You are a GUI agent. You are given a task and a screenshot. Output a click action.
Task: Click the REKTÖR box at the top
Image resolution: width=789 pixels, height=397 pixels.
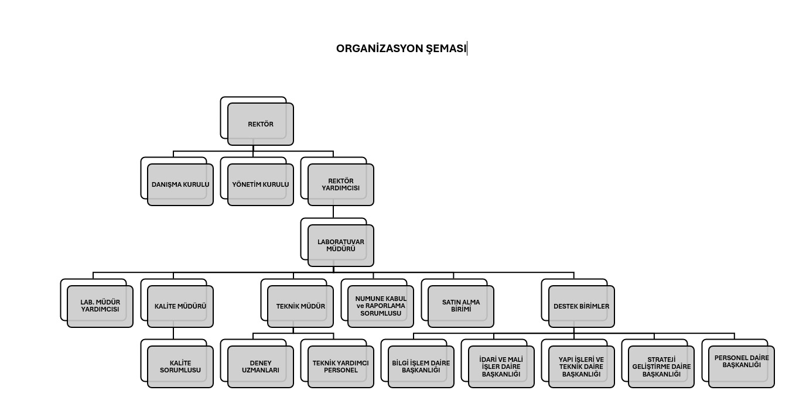point(261,124)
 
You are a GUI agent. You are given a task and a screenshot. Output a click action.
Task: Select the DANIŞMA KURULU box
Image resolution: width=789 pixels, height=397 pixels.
point(180,184)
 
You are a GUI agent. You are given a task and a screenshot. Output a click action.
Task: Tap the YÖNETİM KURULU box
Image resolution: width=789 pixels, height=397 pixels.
point(261,184)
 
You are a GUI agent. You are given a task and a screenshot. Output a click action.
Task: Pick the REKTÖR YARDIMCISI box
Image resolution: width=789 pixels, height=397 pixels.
point(340,184)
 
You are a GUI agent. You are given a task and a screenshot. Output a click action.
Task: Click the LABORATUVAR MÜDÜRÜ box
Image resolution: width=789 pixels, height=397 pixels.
point(340,245)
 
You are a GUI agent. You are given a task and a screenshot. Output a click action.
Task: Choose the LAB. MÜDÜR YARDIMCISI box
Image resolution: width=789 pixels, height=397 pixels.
point(100,306)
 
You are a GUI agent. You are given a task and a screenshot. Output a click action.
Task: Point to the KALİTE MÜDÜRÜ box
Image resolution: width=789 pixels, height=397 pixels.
point(180,306)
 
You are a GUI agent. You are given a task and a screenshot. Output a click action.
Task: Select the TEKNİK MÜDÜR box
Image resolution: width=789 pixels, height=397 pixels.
point(300,306)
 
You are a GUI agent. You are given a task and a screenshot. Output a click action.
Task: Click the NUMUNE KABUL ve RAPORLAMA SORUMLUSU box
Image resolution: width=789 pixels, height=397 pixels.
point(381,306)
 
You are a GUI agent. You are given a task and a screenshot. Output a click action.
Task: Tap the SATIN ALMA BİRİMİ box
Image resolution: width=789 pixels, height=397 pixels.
point(461,306)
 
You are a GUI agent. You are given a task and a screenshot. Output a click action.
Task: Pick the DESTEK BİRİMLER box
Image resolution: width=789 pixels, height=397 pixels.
point(582,306)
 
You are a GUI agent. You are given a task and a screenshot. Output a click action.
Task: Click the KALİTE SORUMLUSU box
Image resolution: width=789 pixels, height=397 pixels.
point(180,367)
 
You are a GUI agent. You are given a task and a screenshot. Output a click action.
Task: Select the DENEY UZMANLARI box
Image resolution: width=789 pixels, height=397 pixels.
point(261,367)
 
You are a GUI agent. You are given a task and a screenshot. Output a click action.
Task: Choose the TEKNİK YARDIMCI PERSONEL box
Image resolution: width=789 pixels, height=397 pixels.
point(340,367)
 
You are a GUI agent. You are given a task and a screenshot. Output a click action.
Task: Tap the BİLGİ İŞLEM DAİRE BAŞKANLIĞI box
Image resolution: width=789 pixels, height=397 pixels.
point(421,367)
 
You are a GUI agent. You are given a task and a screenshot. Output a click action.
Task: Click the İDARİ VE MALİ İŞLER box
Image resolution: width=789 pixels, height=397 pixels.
point(501,367)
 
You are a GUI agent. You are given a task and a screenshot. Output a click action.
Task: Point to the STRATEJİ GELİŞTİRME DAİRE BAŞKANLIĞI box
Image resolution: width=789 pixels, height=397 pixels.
point(661,367)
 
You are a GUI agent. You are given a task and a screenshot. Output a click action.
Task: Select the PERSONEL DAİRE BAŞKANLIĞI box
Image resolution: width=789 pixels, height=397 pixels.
point(742,367)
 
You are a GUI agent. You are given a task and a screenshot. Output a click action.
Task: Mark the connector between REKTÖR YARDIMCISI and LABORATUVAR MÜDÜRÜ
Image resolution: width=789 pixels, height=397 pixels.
point(333,212)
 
